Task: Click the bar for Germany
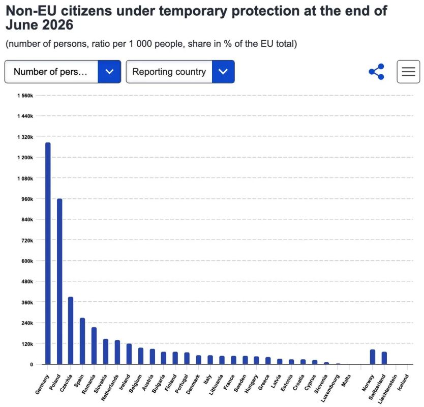point(48,253)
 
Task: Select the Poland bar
point(59,281)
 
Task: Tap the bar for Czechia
point(71,330)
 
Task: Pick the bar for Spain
point(82,341)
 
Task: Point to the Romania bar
point(94,346)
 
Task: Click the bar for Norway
point(373,357)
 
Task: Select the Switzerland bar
point(384,358)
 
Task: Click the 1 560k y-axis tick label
point(25,96)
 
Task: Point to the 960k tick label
point(27,199)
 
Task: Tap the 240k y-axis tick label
point(27,323)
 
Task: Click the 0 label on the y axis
point(32,364)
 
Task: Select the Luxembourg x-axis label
point(330,388)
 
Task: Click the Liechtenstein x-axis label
point(387,389)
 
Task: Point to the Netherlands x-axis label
point(110,388)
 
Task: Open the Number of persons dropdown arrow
point(109,72)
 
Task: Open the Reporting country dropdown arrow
point(223,72)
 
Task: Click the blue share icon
point(376,72)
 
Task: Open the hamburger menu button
point(408,72)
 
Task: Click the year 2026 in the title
point(57,25)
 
